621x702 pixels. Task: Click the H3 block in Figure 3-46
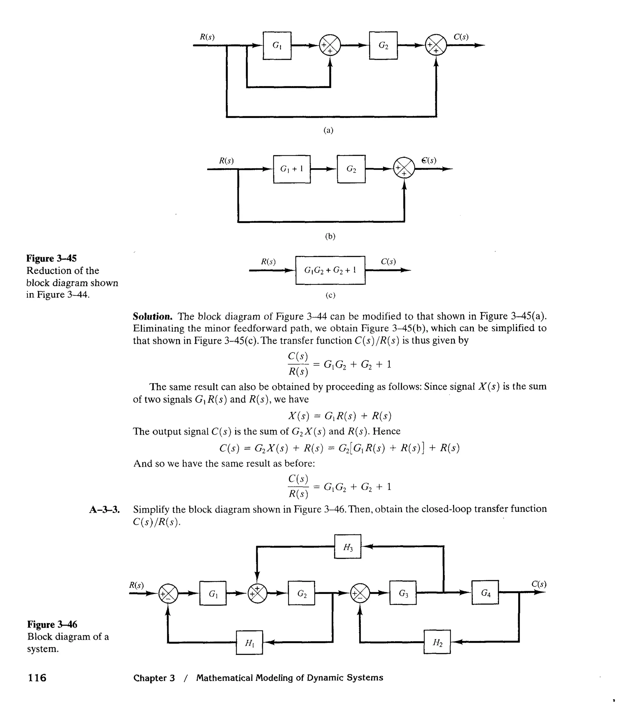pyautogui.click(x=347, y=546)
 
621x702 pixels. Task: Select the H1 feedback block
pyautogui.click(x=249, y=642)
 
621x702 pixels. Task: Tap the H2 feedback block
pyautogui.click(x=437, y=642)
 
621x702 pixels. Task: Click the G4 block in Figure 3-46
pyautogui.click(x=485, y=592)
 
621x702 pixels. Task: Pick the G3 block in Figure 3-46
pyautogui.click(x=403, y=593)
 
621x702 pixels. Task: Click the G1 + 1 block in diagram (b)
pyautogui.click(x=291, y=169)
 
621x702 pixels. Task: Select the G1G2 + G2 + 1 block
pyautogui.click(x=330, y=270)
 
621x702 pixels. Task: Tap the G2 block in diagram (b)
pyautogui.click(x=351, y=169)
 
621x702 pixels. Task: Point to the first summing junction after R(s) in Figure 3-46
pyautogui.click(x=168, y=593)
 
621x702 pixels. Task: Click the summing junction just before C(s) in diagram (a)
pyautogui.click(x=436, y=45)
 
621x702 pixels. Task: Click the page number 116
pyautogui.click(x=37, y=678)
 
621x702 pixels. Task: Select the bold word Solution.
pyautogui.click(x=153, y=316)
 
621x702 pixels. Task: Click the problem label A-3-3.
pyautogui.click(x=104, y=509)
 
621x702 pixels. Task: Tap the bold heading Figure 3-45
pyautogui.click(x=52, y=258)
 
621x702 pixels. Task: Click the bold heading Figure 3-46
pyautogui.click(x=52, y=624)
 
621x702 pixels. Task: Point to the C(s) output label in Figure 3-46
pyautogui.click(x=539, y=584)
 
